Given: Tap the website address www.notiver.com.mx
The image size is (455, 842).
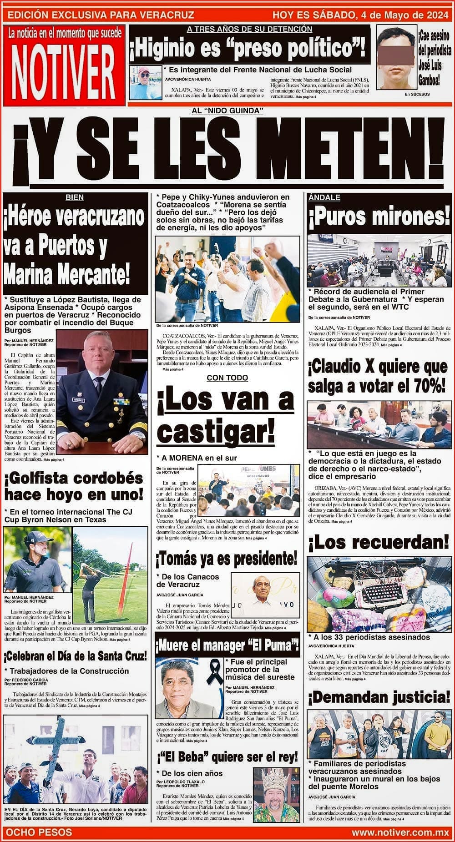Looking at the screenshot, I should pyautogui.click(x=400, y=832).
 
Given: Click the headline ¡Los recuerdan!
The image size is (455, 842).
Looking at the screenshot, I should pyautogui.click(x=379, y=542).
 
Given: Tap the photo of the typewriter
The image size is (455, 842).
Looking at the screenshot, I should pyautogui.click(x=379, y=592).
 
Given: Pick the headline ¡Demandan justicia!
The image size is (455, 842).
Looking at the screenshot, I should pyautogui.click(x=379, y=697).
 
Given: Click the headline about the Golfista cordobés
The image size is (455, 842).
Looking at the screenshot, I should pyautogui.click(x=74, y=486).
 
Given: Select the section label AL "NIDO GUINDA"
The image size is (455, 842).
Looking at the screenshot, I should pyautogui.click(x=227, y=111).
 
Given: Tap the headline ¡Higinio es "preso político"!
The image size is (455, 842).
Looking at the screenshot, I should pyautogui.click(x=249, y=49).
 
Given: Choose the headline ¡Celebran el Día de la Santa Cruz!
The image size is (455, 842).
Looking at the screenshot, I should pyautogui.click(x=76, y=656).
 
